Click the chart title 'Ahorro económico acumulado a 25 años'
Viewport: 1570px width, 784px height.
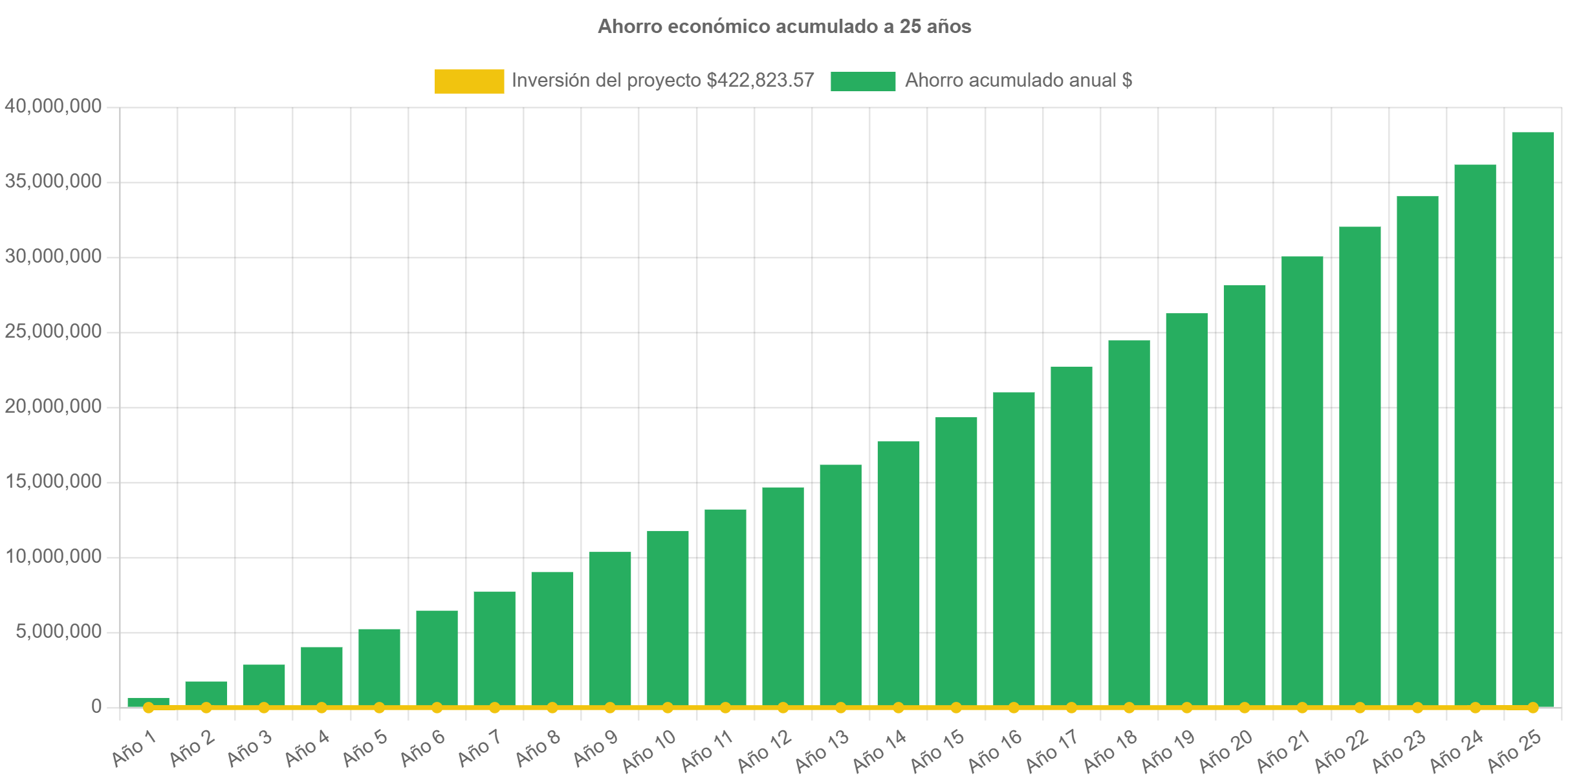pyautogui.click(x=784, y=27)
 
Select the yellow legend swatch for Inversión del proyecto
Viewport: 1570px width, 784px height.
pyautogui.click(x=469, y=82)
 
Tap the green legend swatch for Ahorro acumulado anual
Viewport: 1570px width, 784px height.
pyautogui.click(x=863, y=82)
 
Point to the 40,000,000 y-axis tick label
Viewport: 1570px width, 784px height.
pyautogui.click(x=53, y=106)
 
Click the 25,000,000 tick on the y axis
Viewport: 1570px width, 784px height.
pyautogui.click(x=53, y=331)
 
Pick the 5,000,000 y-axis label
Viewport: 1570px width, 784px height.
pyautogui.click(x=59, y=631)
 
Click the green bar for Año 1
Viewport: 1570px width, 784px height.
pyautogui.click(x=149, y=701)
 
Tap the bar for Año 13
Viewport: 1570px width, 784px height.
pyautogui.click(x=840, y=582)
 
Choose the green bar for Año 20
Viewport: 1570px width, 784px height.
pyautogui.click(x=1244, y=492)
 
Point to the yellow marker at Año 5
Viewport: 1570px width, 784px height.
pyautogui.click(x=379, y=708)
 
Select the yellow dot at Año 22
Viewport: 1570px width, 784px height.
pyautogui.click(x=1360, y=708)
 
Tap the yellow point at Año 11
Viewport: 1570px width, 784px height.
pyautogui.click(x=725, y=708)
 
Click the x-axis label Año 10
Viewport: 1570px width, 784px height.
pyautogui.click(x=649, y=750)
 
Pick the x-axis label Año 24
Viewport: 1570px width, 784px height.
pyautogui.click(x=1457, y=750)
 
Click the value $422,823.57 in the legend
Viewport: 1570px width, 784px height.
pyautogui.click(x=760, y=81)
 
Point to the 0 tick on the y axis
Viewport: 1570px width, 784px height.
pyautogui.click(x=96, y=706)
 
